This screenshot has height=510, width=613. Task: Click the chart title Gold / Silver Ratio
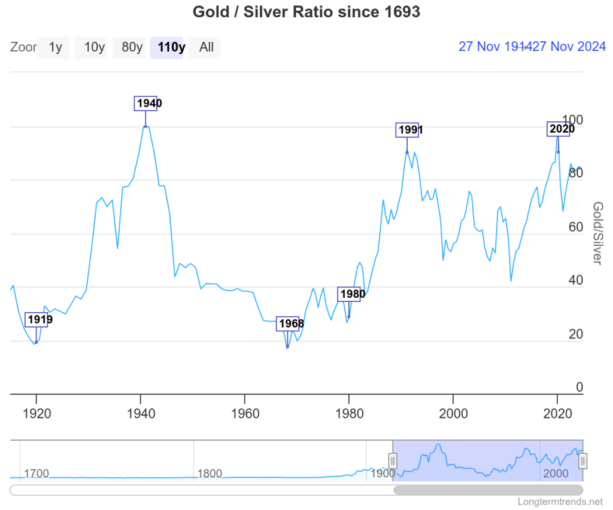click(306, 12)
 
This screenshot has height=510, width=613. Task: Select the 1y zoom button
click(55, 47)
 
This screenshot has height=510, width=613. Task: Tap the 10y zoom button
click(94, 47)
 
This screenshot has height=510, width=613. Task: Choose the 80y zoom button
click(132, 47)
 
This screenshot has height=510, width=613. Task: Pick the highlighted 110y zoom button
click(170, 47)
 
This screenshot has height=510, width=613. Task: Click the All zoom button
click(206, 47)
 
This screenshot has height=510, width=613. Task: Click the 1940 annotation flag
click(146, 103)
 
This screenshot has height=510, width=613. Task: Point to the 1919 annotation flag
click(37, 319)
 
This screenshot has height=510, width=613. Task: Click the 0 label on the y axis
click(579, 387)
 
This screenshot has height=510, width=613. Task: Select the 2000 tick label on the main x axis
click(453, 413)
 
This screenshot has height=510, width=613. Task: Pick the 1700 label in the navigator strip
click(36, 474)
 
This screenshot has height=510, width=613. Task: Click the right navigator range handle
click(582, 460)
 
